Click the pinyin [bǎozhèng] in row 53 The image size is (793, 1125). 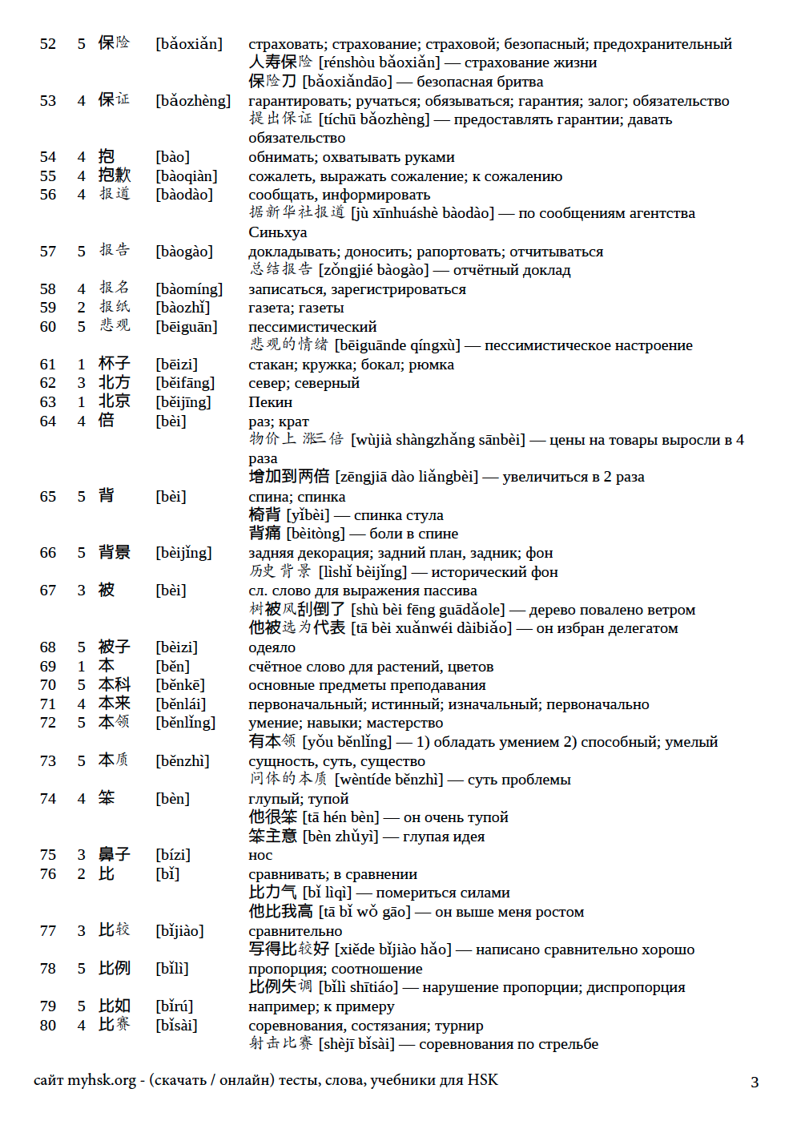tap(193, 101)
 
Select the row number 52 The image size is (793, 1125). tap(48, 44)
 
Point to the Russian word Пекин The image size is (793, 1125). tap(270, 402)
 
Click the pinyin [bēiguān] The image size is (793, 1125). tap(187, 327)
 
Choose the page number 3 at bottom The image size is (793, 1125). tap(755, 1083)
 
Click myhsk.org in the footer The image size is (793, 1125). tap(102, 1080)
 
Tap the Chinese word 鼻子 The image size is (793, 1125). tap(114, 855)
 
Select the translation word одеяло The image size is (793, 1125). tap(272, 647)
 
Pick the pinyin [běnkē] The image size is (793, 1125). tap(180, 685)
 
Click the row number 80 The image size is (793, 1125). tap(48, 1026)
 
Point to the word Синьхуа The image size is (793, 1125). tap(277, 232)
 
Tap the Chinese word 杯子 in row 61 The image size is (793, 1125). tap(114, 364)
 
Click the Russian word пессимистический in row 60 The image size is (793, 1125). tap(312, 327)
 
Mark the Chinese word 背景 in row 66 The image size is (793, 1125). tap(114, 553)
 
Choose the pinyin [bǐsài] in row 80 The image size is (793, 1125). tap(176, 1026)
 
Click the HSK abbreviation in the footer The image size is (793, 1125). tap(482, 1080)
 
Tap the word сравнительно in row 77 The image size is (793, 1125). tap(295, 931)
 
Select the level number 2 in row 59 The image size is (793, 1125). tap(81, 308)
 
